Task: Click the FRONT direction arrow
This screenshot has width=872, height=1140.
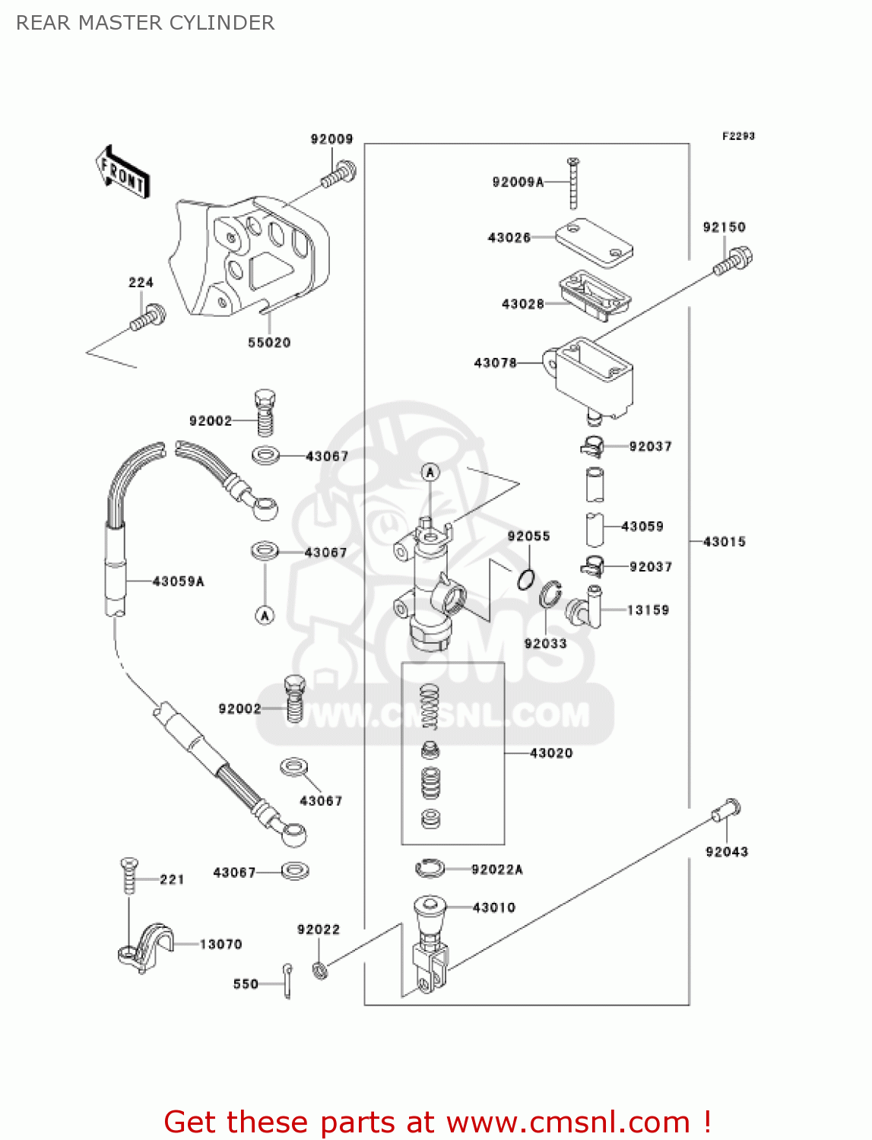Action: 122,173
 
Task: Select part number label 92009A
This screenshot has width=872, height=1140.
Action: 518,182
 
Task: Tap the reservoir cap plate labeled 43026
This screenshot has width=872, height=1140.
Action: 594,242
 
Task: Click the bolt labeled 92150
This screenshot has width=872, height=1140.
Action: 734,261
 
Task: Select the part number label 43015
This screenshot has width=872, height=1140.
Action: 725,542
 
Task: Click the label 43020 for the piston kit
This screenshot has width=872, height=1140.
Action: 551,753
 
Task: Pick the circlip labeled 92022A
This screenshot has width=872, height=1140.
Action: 430,867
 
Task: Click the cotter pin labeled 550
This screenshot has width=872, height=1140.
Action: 287,981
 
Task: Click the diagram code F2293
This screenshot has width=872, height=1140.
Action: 738,136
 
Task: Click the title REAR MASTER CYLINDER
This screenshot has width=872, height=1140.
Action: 145,23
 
